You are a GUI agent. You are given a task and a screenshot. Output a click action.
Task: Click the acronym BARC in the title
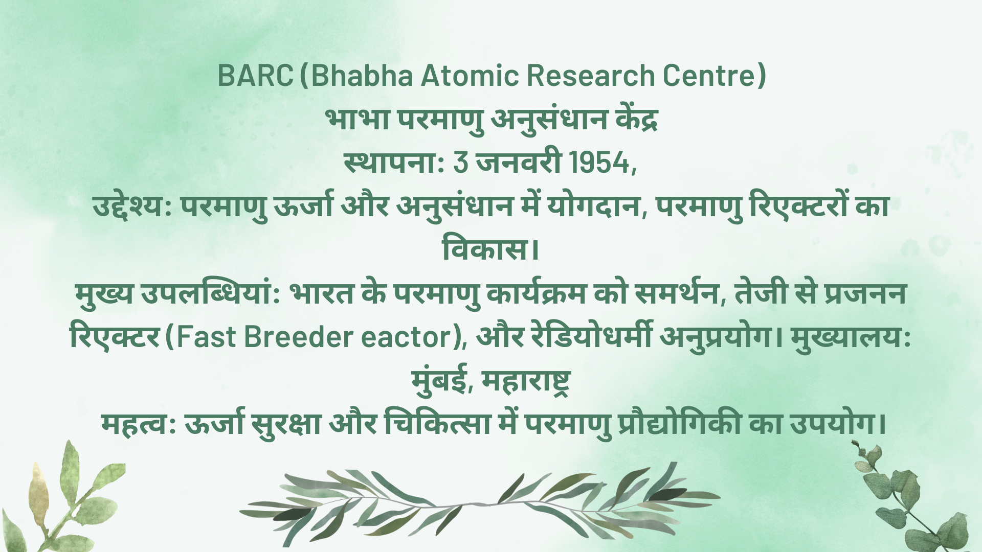[255, 76]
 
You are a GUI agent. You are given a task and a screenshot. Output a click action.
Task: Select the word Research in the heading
[591, 76]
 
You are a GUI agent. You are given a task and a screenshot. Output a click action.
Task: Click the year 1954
[599, 163]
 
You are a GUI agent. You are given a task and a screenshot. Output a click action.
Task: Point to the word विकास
[486, 249]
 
